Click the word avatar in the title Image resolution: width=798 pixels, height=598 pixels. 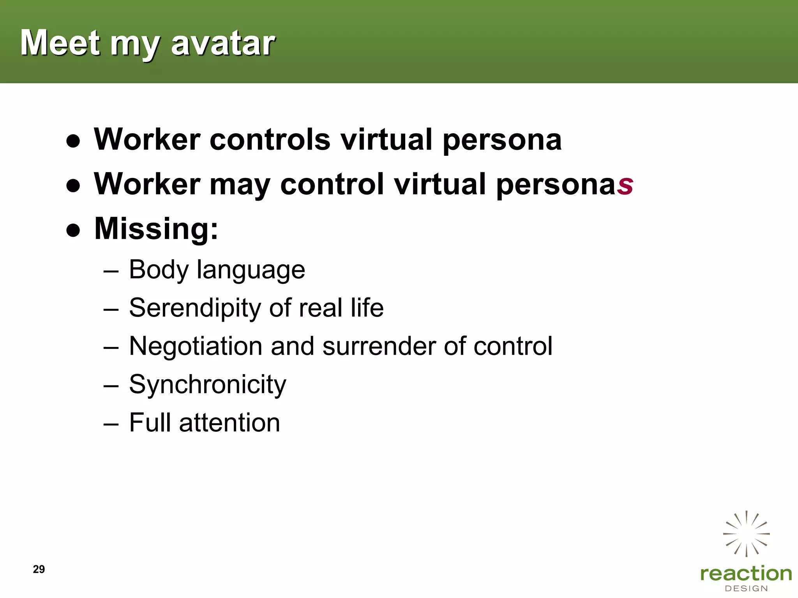point(223,43)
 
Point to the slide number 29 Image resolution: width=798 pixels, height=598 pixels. point(39,569)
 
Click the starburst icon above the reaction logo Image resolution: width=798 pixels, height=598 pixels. point(746,534)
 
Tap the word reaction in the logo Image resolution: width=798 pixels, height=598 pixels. point(746,573)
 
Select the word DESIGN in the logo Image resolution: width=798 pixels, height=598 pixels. point(746,588)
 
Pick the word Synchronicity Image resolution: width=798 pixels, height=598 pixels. point(207,385)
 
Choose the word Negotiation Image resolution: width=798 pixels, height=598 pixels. point(196,346)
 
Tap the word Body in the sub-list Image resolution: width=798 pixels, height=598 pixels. point(159,270)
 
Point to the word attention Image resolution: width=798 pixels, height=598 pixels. point(230,422)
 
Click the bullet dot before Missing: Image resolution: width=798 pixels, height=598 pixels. point(73,230)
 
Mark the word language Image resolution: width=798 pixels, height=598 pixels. point(251,270)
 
